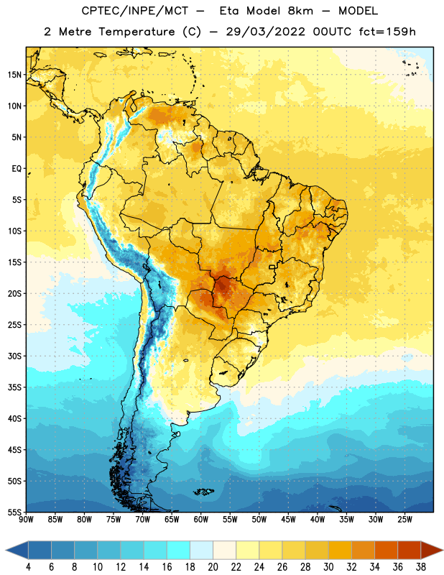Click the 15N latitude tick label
tap(14, 75)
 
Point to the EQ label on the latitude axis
tap(17, 169)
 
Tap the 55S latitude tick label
tap(14, 512)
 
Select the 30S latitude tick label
tap(14, 356)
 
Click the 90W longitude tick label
tap(27, 520)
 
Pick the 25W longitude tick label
tap(404, 520)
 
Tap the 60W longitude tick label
tap(201, 520)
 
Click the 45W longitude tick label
tap(289, 520)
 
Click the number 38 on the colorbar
tap(421, 567)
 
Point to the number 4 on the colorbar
tap(28, 567)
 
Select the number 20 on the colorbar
tap(213, 567)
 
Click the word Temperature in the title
tap(137, 32)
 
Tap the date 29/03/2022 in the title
tap(265, 32)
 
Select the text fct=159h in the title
tap(387, 32)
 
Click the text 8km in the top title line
tap(300, 11)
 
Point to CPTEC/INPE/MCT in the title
tap(135, 11)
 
